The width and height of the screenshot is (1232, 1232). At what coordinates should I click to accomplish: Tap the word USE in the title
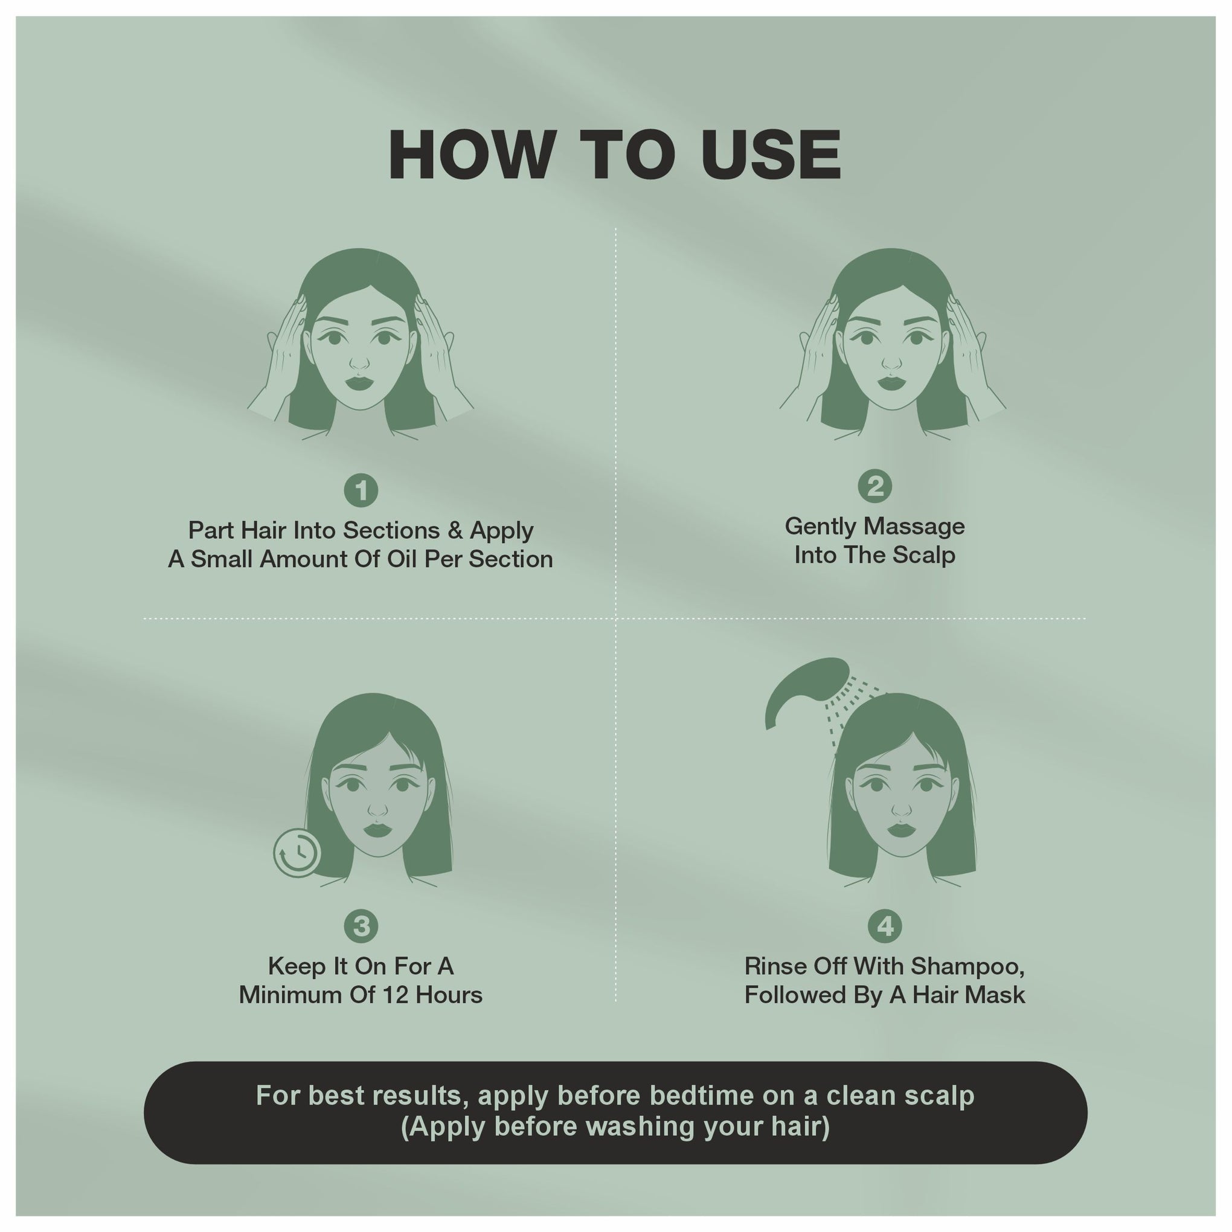coord(771,155)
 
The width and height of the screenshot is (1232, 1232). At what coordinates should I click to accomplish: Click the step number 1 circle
coord(361,490)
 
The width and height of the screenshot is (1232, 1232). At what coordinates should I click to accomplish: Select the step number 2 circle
coord(875,487)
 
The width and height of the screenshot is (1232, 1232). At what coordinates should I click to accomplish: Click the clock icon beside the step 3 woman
coord(297,853)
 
